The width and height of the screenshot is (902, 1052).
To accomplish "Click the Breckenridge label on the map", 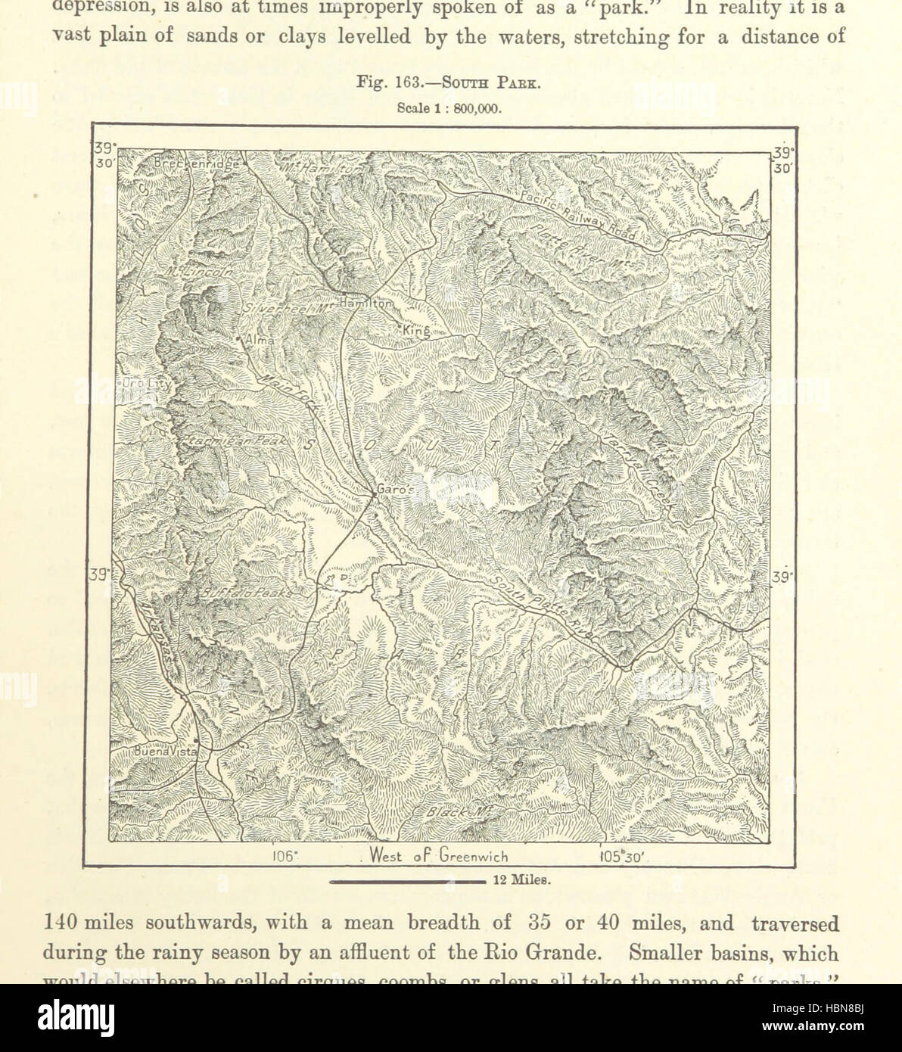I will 196,163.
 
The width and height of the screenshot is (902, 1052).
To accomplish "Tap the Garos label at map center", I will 393,490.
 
